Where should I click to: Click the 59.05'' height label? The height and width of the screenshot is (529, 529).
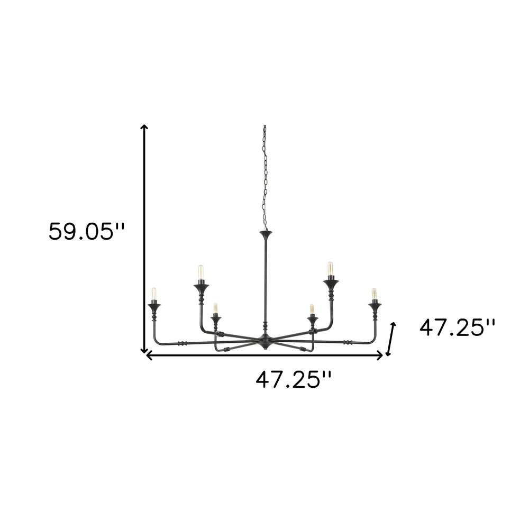click(87, 232)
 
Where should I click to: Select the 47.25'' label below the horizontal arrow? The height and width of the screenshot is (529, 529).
click(294, 379)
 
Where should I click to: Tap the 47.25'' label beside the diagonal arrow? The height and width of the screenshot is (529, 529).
click(457, 328)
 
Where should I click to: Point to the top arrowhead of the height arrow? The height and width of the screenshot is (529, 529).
click(144, 127)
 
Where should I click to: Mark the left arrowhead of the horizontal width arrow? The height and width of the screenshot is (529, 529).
click(149, 356)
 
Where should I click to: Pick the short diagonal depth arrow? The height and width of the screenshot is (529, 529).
click(391, 339)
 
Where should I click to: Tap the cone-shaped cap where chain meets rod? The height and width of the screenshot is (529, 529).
click(264, 233)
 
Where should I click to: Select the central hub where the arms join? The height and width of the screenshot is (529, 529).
click(264, 339)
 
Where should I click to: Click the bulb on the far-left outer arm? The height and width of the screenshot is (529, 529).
click(154, 294)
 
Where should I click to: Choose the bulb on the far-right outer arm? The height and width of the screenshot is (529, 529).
click(374, 294)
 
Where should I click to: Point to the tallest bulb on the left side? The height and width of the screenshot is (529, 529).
click(200, 272)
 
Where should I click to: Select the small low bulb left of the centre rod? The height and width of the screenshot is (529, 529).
click(215, 308)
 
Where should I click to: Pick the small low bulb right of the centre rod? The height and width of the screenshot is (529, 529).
click(312, 309)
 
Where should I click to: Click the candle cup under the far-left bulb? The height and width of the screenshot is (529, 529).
click(154, 305)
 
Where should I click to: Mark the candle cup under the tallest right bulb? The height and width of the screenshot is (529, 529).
click(331, 286)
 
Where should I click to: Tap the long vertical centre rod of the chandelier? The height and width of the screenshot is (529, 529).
click(264, 280)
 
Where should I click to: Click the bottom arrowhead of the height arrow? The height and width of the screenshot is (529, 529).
click(144, 350)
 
